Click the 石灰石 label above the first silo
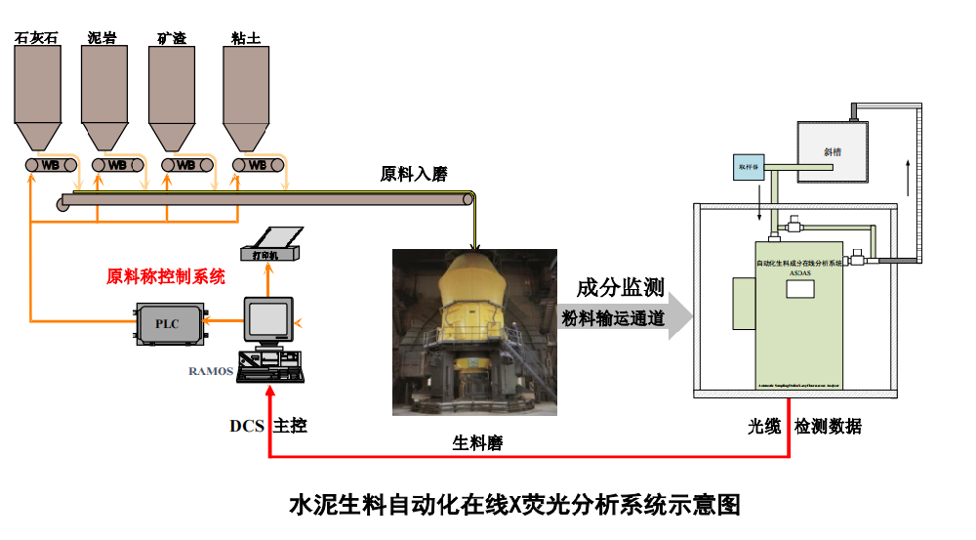[36, 38]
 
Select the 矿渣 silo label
[171, 38]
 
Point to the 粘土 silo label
[245, 38]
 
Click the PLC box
[168, 324]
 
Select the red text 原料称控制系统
[166, 276]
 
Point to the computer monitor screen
[267, 319]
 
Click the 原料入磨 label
[413, 175]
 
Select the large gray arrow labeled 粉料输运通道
[625, 318]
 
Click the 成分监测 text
[620, 287]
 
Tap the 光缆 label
[764, 427]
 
